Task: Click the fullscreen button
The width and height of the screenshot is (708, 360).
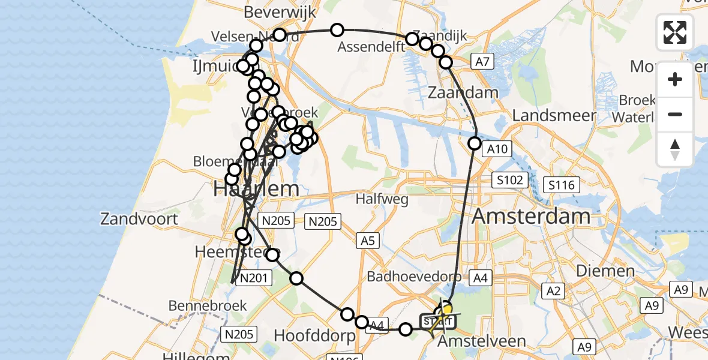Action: point(675,32)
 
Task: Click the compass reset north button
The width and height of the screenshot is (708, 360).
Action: point(675,149)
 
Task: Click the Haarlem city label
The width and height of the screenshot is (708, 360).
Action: point(256,189)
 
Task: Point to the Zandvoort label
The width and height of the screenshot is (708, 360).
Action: point(139,218)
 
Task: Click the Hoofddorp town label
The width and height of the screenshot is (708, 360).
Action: point(315,336)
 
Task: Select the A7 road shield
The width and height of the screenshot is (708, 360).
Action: point(482,61)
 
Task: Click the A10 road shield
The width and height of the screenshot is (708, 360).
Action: point(497,149)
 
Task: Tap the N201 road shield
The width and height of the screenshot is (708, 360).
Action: point(254,278)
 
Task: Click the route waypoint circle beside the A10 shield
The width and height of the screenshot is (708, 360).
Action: point(475,143)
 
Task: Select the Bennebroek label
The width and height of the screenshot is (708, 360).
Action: point(208,305)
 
